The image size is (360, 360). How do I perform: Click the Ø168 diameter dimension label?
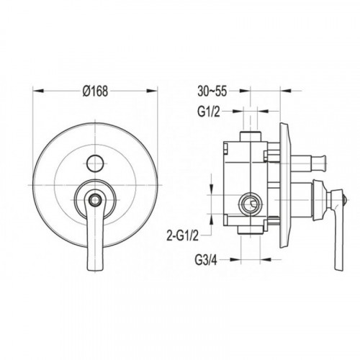pyautogui.click(x=95, y=91)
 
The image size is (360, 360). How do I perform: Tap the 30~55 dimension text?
pyautogui.click(x=212, y=91)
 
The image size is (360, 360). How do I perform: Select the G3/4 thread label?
pyautogui.click(x=206, y=260)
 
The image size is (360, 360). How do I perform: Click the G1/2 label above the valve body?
pyautogui.click(x=209, y=112)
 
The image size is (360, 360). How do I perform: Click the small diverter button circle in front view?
pyautogui.click(x=95, y=163)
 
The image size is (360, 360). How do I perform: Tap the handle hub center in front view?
pyautogui.click(x=95, y=199)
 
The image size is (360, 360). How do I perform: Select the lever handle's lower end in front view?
pyautogui.click(x=95, y=266)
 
